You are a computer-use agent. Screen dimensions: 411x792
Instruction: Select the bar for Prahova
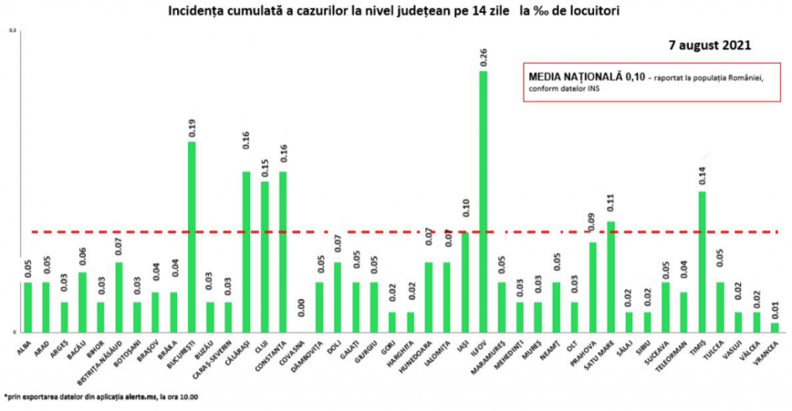[593, 287]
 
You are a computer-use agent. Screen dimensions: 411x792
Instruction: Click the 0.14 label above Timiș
[702, 178]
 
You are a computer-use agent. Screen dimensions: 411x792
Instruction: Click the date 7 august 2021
[710, 46]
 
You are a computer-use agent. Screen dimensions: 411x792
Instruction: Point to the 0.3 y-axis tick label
[12, 31]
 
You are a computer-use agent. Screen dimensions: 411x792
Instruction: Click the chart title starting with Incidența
[394, 12]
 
